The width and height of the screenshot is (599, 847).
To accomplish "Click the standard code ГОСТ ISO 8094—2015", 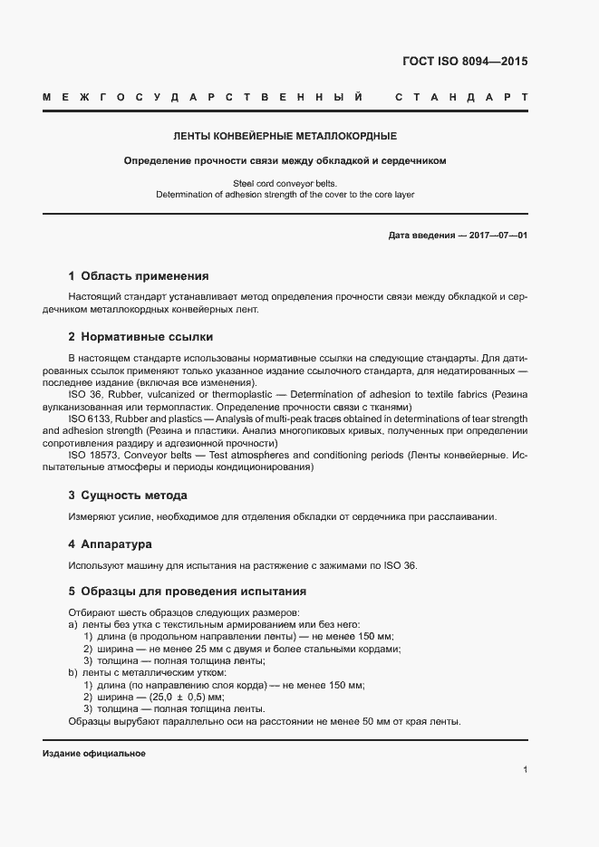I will click(x=464, y=63).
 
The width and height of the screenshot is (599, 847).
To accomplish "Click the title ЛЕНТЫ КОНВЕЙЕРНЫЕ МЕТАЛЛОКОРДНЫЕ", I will click(x=285, y=137).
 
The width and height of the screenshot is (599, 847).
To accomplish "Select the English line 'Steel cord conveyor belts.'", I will click(x=285, y=183).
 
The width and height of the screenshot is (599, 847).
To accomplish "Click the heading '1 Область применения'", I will click(x=139, y=276).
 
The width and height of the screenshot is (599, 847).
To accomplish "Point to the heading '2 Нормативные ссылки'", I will click(x=140, y=337).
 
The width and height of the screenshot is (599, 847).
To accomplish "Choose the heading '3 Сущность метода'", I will click(x=128, y=496).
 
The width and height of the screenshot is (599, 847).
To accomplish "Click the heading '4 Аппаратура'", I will click(x=110, y=544).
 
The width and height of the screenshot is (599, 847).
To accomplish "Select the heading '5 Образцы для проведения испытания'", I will click(x=187, y=592).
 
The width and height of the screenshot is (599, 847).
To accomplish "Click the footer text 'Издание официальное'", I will click(x=94, y=754).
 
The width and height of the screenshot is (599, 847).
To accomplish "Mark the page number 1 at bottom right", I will click(x=526, y=770).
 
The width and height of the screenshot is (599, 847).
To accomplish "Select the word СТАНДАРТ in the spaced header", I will click(x=461, y=96).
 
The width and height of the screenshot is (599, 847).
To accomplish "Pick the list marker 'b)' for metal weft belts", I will click(x=72, y=673).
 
